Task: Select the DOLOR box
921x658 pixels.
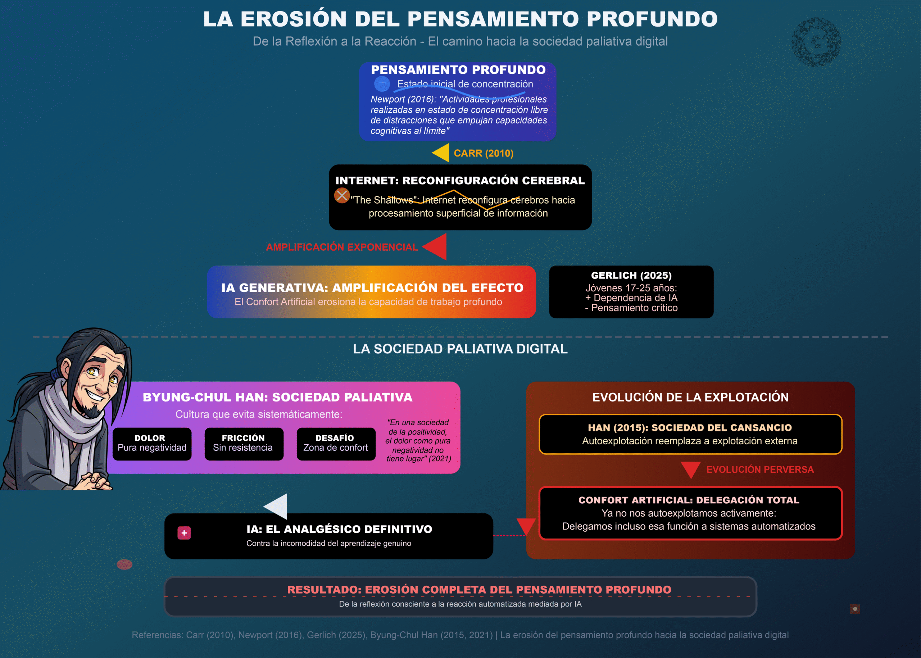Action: pos(152,444)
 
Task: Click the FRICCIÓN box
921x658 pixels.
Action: pos(244,444)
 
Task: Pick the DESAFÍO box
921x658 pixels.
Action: pos(336,444)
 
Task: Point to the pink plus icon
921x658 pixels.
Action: pos(184,533)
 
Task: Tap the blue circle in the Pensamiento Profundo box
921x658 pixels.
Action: pos(382,83)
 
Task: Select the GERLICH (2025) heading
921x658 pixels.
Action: pos(631,276)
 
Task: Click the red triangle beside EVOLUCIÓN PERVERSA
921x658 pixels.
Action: pos(690,469)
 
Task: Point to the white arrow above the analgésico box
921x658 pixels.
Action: pos(276,506)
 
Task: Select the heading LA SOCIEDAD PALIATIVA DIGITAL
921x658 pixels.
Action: pos(460,349)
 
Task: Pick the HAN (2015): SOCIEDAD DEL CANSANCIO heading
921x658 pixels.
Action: pos(690,427)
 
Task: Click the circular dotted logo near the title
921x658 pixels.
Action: pos(816,42)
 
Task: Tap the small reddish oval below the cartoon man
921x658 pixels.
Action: pos(124,564)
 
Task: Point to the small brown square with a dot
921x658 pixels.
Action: pos(855,609)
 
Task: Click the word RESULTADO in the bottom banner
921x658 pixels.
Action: pos(323,590)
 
